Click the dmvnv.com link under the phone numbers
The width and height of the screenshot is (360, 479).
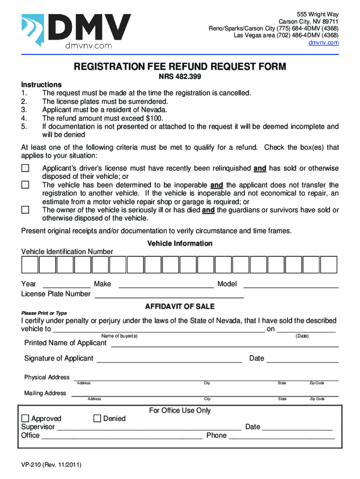pos(324,43)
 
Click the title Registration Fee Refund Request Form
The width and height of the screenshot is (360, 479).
pos(180,67)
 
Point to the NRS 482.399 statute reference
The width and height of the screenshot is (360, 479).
pos(180,77)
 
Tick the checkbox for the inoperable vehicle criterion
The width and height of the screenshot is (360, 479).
pos(25,185)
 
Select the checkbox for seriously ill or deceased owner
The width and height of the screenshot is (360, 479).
pos(25,210)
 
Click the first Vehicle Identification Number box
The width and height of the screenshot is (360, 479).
pos(29,265)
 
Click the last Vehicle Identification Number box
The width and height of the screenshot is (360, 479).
pos(329,265)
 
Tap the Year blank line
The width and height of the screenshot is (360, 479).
pos(67,285)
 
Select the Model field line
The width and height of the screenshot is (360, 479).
pos(291,285)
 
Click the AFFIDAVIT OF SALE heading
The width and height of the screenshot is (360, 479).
pos(180,306)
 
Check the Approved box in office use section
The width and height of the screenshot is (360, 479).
pos(25,419)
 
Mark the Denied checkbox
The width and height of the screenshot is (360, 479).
pos(97,419)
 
